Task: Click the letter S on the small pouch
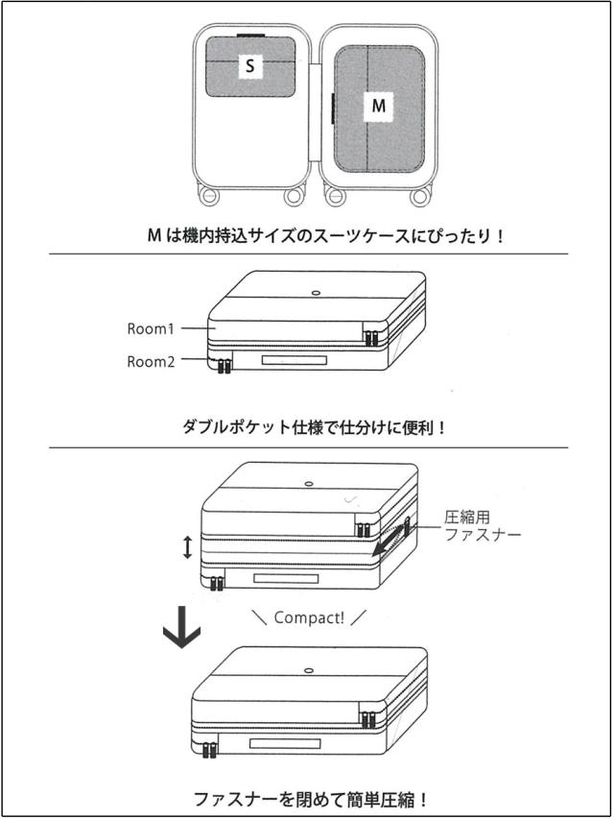click(250, 66)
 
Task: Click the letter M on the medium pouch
click(379, 106)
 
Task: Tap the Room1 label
click(151, 328)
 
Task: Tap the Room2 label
click(151, 362)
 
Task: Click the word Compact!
click(309, 617)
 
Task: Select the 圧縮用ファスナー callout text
click(483, 526)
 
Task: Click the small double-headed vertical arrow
click(188, 547)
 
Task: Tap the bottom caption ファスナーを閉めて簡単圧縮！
click(309, 798)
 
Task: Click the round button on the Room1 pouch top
click(315, 291)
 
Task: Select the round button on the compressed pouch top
click(307, 669)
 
